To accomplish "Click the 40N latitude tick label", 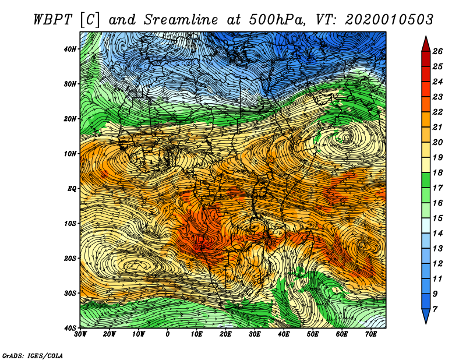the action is (x=70, y=49).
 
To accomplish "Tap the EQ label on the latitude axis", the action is (x=72, y=189).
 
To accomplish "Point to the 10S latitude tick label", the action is (x=70, y=223).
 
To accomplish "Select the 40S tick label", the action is (x=70, y=328).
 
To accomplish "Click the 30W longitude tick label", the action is (x=80, y=334).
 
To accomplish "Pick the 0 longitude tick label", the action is (x=168, y=334).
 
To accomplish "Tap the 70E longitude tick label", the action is (x=371, y=334).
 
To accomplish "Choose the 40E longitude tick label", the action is (x=284, y=334).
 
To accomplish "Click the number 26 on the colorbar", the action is (x=437, y=51).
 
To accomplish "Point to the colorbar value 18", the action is (x=437, y=172).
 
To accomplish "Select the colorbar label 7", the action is (x=435, y=309).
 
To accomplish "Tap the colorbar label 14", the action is (x=437, y=234).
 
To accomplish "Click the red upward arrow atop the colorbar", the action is (x=426, y=44).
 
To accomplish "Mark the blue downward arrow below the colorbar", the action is (x=426, y=316).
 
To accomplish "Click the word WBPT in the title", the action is (x=53, y=20).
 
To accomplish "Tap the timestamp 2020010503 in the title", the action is (x=389, y=20).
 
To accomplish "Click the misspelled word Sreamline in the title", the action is (x=181, y=20).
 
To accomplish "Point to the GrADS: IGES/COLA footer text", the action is (x=33, y=355).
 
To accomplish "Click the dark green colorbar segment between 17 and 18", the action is (x=426, y=180).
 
